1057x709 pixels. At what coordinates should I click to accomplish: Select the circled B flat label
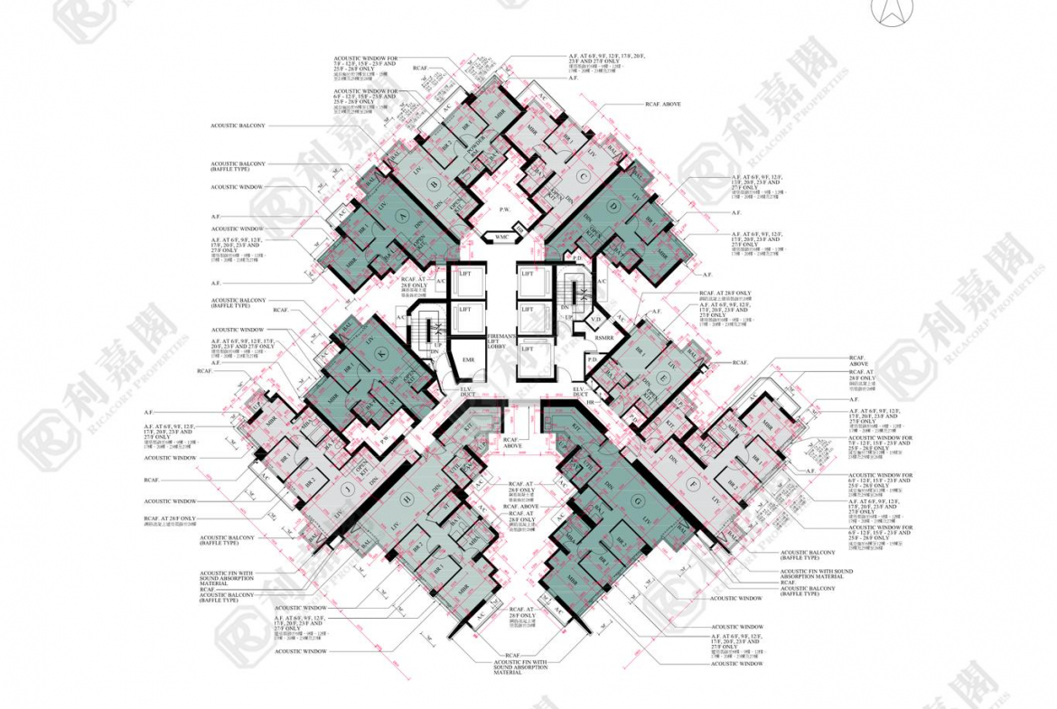click(434, 186)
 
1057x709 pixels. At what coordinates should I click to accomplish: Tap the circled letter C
click(584, 177)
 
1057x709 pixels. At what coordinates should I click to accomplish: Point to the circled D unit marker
click(613, 207)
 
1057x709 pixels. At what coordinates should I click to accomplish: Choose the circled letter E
click(664, 375)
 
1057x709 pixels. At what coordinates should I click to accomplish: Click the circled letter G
click(639, 499)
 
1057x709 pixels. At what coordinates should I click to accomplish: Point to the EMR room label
click(468, 359)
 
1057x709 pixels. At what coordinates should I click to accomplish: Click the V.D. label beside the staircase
click(595, 319)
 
